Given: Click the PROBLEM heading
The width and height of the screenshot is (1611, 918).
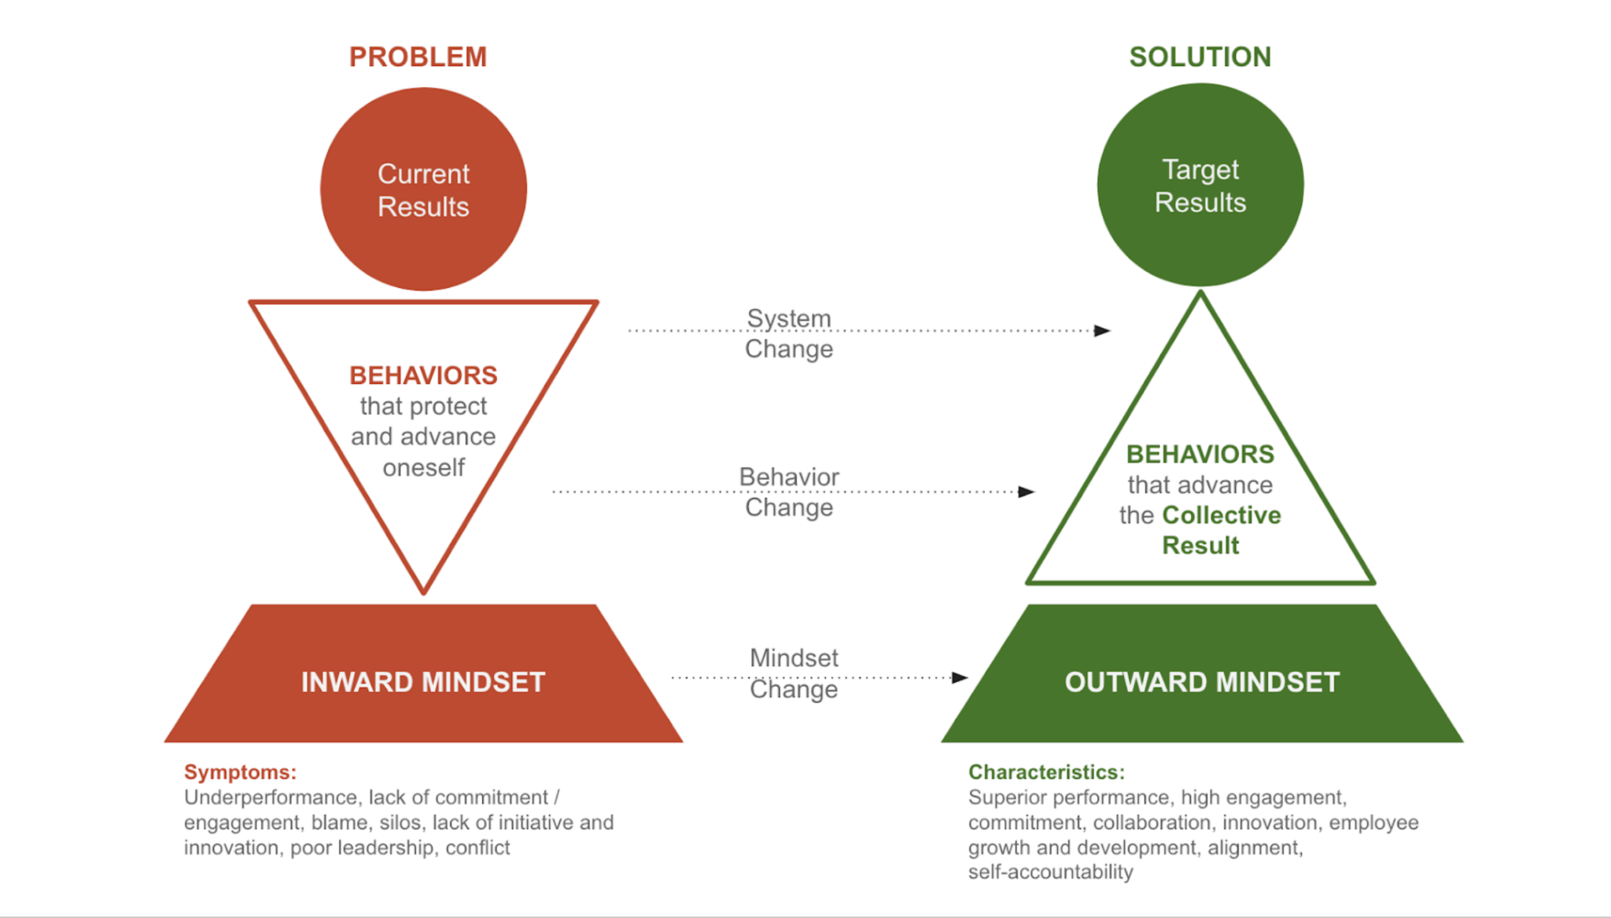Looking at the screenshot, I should [x=418, y=57].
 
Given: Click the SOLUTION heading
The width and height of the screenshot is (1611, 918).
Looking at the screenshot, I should [x=1200, y=57].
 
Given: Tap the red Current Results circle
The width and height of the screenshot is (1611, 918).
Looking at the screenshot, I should [x=423, y=190].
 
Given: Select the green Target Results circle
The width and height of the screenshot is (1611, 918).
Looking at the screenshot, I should [x=1200, y=186].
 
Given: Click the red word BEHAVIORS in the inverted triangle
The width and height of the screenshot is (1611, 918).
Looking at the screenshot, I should [x=423, y=375].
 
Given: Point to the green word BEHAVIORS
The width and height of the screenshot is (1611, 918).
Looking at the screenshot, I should [x=1200, y=454].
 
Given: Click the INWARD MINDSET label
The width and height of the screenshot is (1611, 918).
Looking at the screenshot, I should [x=423, y=682].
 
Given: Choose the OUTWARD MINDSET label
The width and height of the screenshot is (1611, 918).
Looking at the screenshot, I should [x=1201, y=682].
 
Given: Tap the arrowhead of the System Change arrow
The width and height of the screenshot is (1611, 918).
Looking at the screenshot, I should [x=1103, y=330].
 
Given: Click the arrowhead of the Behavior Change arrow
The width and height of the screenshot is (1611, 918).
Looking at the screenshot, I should [x=1027, y=492].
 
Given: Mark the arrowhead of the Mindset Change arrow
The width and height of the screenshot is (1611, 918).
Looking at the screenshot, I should [x=960, y=677].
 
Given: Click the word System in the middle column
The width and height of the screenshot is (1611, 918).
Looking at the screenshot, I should [x=788, y=319].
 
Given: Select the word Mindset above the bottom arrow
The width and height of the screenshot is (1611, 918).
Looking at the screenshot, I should [x=794, y=658].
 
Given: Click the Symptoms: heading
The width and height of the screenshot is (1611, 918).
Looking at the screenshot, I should [x=240, y=772].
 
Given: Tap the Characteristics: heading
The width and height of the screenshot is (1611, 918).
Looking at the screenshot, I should [x=1046, y=772].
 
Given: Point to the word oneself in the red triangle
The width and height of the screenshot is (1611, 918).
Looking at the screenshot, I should [x=423, y=468].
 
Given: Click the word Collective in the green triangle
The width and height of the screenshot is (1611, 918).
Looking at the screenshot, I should [x=1221, y=515].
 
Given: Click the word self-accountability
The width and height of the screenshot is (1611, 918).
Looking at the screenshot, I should [x=1050, y=872].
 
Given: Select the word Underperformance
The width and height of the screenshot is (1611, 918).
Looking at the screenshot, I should [x=271, y=798].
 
